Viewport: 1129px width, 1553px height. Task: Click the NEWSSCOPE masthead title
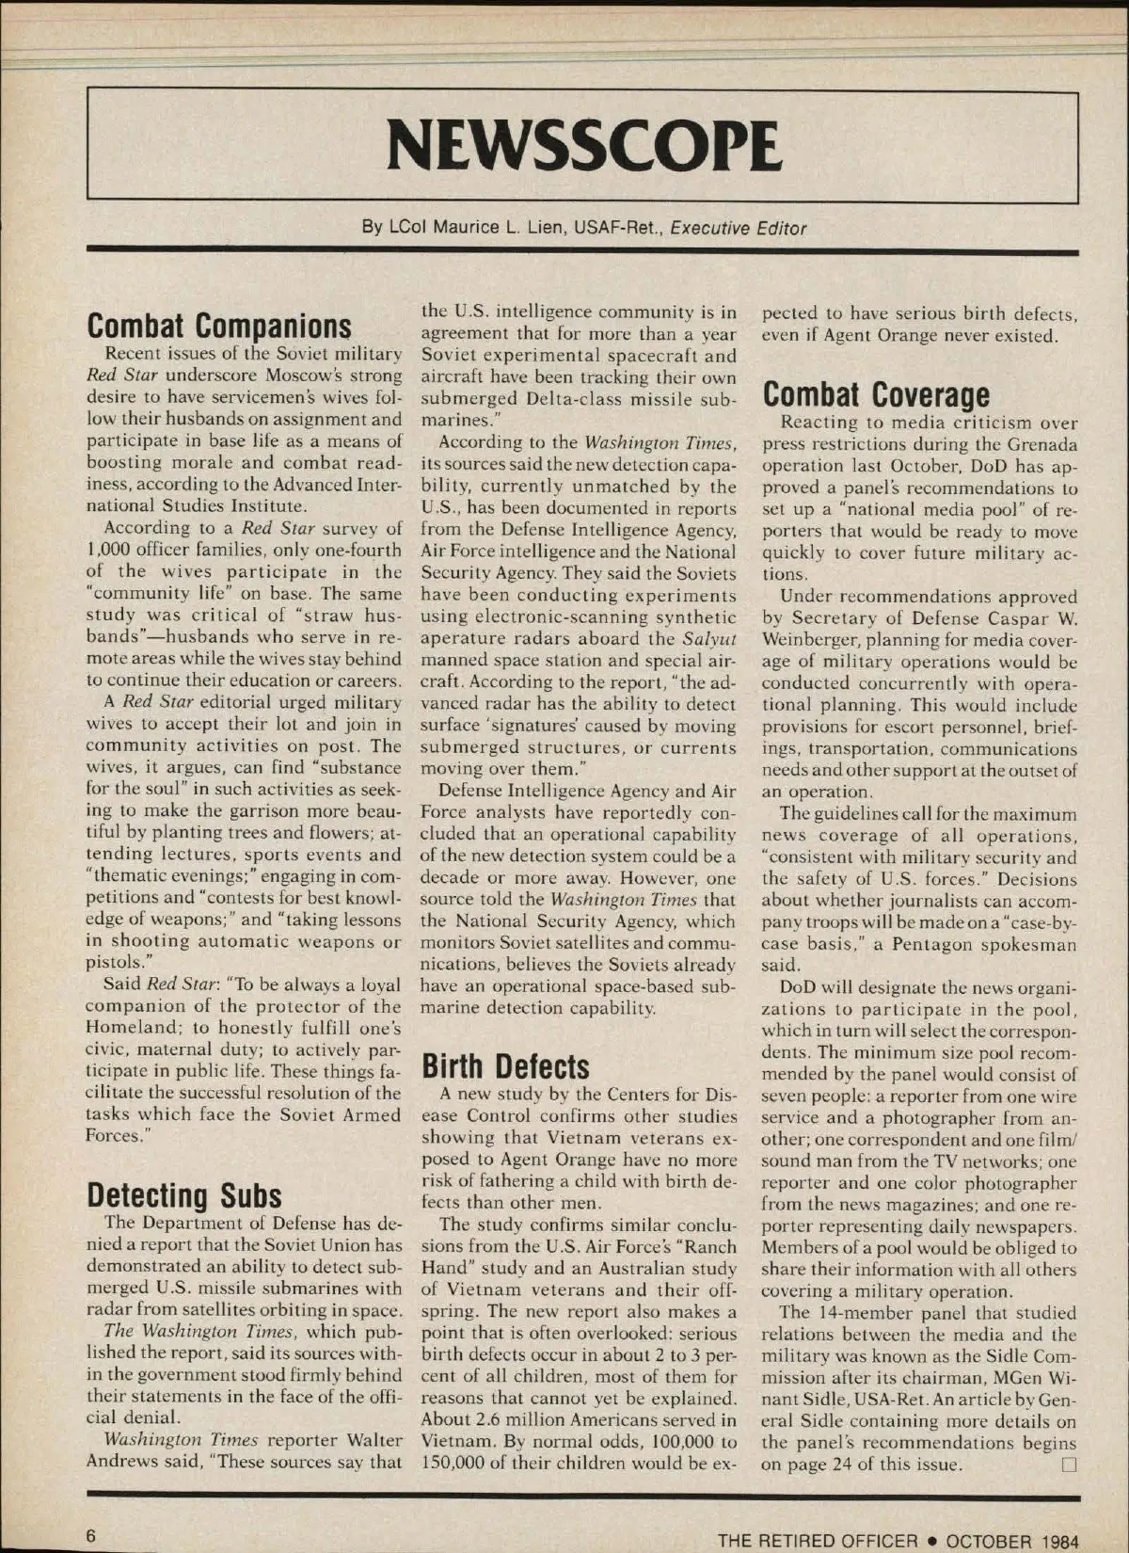coord(583,147)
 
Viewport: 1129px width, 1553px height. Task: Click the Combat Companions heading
coord(219,326)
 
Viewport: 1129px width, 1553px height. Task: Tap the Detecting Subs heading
coord(184,1195)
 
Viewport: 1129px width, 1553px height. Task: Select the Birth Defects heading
coord(505,1066)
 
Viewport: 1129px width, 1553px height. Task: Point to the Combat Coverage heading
coord(875,394)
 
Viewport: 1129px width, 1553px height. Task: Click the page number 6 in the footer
coord(91,1535)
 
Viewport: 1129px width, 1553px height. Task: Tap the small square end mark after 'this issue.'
coord(1068,1465)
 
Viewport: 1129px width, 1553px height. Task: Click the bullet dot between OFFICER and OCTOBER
coord(931,1541)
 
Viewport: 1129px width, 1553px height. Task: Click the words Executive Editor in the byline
coord(738,228)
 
